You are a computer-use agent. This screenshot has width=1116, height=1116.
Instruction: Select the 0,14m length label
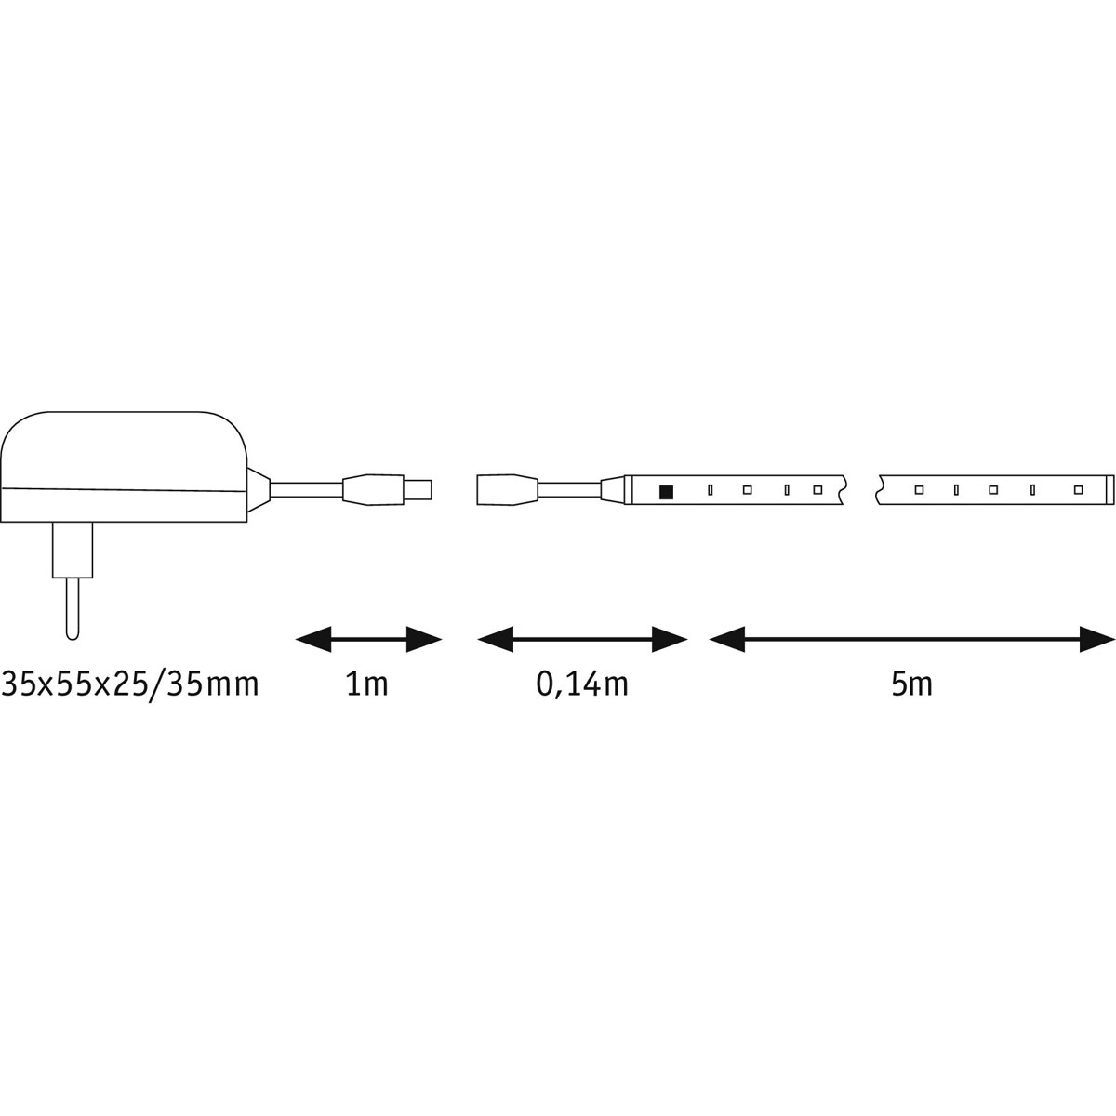[582, 685]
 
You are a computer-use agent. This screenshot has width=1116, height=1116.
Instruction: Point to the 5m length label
[910, 685]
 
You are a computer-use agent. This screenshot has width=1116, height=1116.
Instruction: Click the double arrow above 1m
[367, 639]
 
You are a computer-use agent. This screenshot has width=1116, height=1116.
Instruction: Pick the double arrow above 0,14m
[582, 639]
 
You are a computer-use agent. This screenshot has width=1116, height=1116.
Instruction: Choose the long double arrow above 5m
[911, 639]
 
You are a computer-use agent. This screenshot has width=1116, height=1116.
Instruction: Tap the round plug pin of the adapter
[71, 609]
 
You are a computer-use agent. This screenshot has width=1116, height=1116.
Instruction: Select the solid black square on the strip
[666, 490]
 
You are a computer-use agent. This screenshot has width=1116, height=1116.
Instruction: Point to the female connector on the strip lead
[506, 489]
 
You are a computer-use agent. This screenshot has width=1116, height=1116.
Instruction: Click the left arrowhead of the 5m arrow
[727, 639]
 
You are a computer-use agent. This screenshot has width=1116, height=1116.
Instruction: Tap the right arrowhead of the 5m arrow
[1096, 639]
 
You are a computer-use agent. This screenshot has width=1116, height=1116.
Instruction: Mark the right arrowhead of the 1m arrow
[423, 639]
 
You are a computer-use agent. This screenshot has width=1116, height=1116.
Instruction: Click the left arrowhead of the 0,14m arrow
[496, 639]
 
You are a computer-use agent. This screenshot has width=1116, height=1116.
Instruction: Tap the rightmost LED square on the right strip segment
[1078, 489]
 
